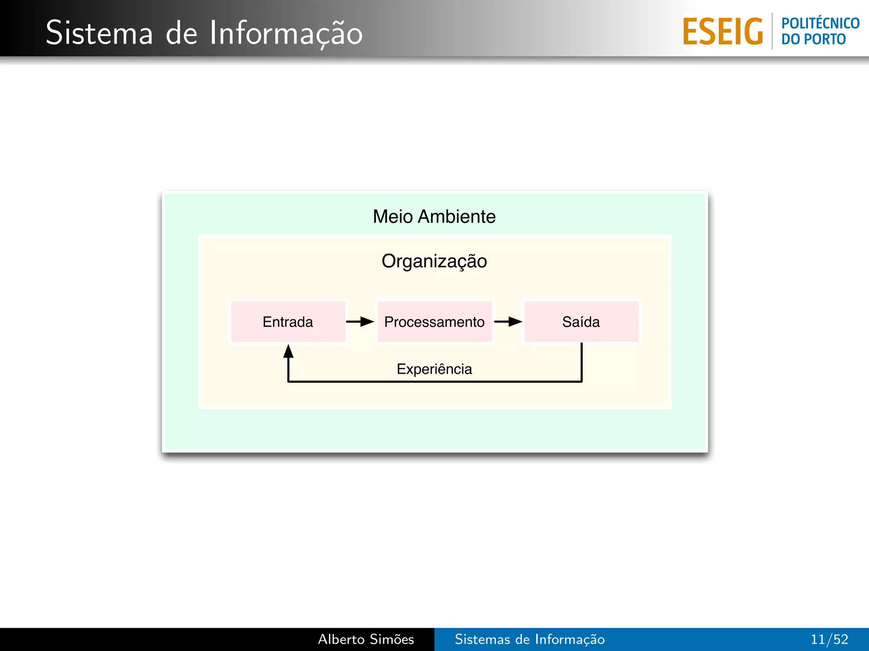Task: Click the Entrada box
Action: pyautogui.click(x=288, y=322)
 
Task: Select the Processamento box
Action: pyautogui.click(x=434, y=322)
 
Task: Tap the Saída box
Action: pyautogui.click(x=581, y=322)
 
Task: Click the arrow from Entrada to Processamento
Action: pyautogui.click(x=360, y=322)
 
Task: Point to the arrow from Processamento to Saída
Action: pyautogui.click(x=508, y=322)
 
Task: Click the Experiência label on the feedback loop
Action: pyautogui.click(x=434, y=369)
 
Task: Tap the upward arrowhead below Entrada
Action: pyautogui.click(x=289, y=351)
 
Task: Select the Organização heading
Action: pyautogui.click(x=434, y=261)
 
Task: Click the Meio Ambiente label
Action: pyautogui.click(x=434, y=217)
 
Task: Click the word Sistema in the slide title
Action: pyautogui.click(x=99, y=33)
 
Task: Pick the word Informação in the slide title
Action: pyautogui.click(x=286, y=33)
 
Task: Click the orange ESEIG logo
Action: pyautogui.click(x=723, y=31)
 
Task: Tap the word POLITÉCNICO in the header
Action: pyautogui.click(x=820, y=23)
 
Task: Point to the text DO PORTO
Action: pyautogui.click(x=813, y=39)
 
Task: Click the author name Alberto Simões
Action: pyautogui.click(x=366, y=639)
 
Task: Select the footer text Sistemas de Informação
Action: pyautogui.click(x=530, y=639)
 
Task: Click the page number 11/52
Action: pyautogui.click(x=829, y=639)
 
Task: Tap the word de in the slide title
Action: pyautogui.click(x=181, y=33)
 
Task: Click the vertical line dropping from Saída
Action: pyautogui.click(x=581, y=362)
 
